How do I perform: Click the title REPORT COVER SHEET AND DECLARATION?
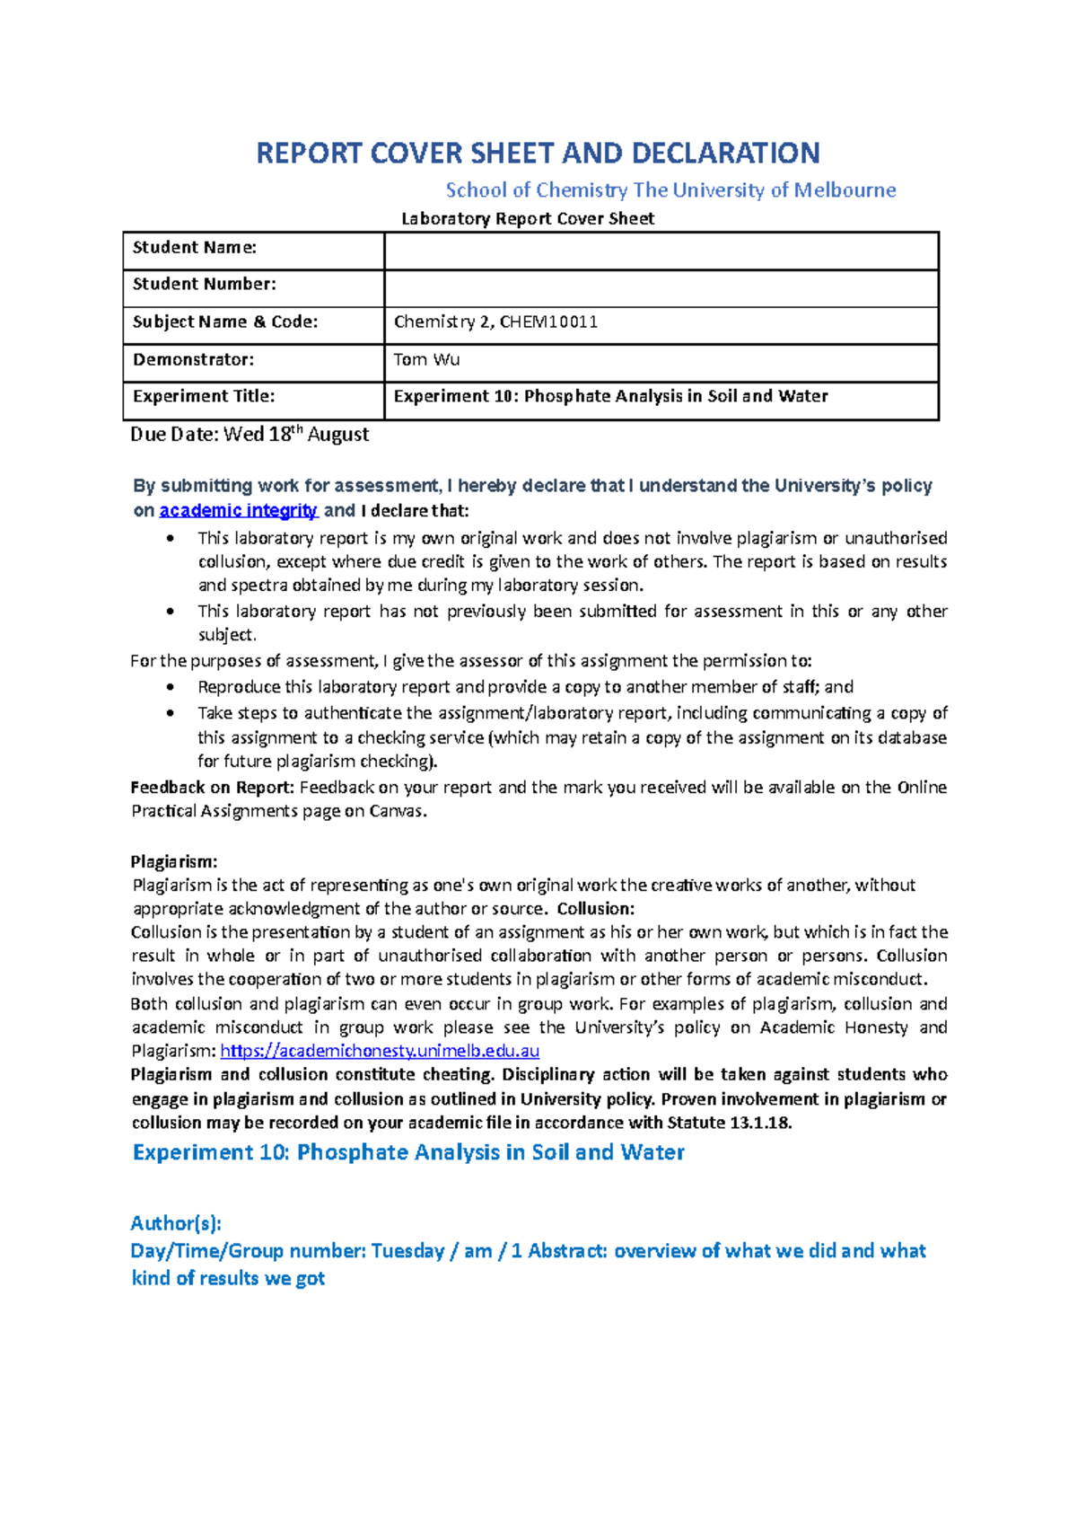tap(538, 154)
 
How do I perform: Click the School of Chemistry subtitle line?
tap(670, 190)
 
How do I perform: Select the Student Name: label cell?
tap(195, 248)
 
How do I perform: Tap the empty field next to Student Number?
tap(661, 288)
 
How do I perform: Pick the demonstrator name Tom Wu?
tap(426, 360)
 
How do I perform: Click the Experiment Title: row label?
tap(204, 397)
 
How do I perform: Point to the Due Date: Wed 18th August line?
tap(250, 435)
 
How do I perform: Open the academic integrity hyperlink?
tap(238, 511)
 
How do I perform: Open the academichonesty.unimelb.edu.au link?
tap(380, 1051)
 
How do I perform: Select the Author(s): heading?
tap(176, 1223)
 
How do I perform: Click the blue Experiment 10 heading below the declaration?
tap(408, 1152)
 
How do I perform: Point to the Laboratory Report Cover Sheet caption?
tap(528, 219)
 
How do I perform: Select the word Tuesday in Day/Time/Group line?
tap(407, 1251)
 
